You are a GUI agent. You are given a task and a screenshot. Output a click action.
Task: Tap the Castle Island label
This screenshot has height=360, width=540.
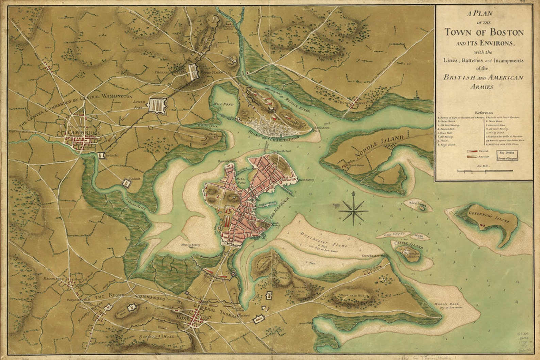click(404, 243)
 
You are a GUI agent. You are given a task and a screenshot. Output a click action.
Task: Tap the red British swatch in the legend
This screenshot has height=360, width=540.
click(471, 151)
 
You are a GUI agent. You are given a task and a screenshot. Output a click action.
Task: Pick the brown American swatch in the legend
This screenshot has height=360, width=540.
click(471, 156)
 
